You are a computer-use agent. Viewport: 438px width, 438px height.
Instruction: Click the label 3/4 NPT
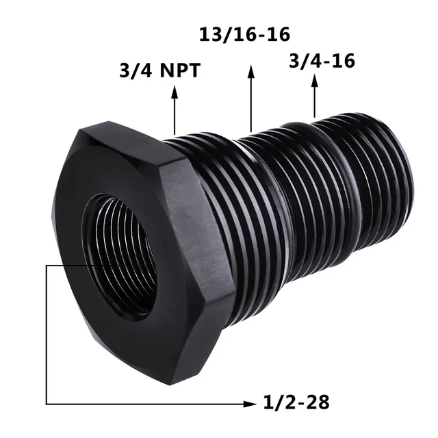pos(159,70)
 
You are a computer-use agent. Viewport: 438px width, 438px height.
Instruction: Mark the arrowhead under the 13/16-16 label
pos(251,71)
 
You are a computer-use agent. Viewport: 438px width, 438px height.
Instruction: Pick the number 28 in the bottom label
pos(317,402)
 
